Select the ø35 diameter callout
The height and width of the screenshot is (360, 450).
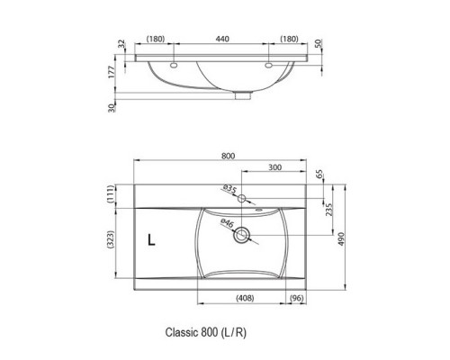[x=230, y=188]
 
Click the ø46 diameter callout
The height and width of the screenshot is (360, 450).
[x=228, y=224]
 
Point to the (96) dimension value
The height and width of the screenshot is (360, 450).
[x=296, y=298]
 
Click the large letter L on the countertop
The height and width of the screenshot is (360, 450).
[x=153, y=240]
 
